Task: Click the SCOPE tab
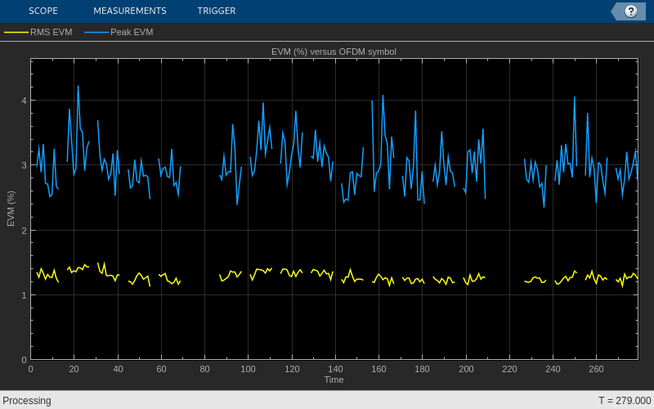pyautogui.click(x=43, y=11)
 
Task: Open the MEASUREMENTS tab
pyautogui.click(x=129, y=11)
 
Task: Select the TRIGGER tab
pyautogui.click(x=216, y=11)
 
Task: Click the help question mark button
pyautogui.click(x=630, y=11)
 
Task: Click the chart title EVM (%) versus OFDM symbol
pyautogui.click(x=334, y=52)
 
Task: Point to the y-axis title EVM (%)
pyautogui.click(x=11, y=209)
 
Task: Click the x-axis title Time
pyautogui.click(x=334, y=380)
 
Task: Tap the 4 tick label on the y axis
pyautogui.click(x=25, y=101)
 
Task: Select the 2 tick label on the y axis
pyautogui.click(x=25, y=231)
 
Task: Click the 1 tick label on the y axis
pyautogui.click(x=25, y=295)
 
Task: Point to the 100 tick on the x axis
pyautogui.click(x=249, y=369)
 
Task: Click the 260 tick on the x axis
pyautogui.click(x=597, y=369)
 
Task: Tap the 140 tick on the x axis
pyautogui.click(x=335, y=369)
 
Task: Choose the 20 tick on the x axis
pyautogui.click(x=74, y=369)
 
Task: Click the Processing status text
pyautogui.click(x=27, y=401)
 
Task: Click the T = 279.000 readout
pyautogui.click(x=625, y=401)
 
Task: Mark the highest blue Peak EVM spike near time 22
pyautogui.click(x=78, y=86)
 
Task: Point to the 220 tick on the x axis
pyautogui.click(x=509, y=369)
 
